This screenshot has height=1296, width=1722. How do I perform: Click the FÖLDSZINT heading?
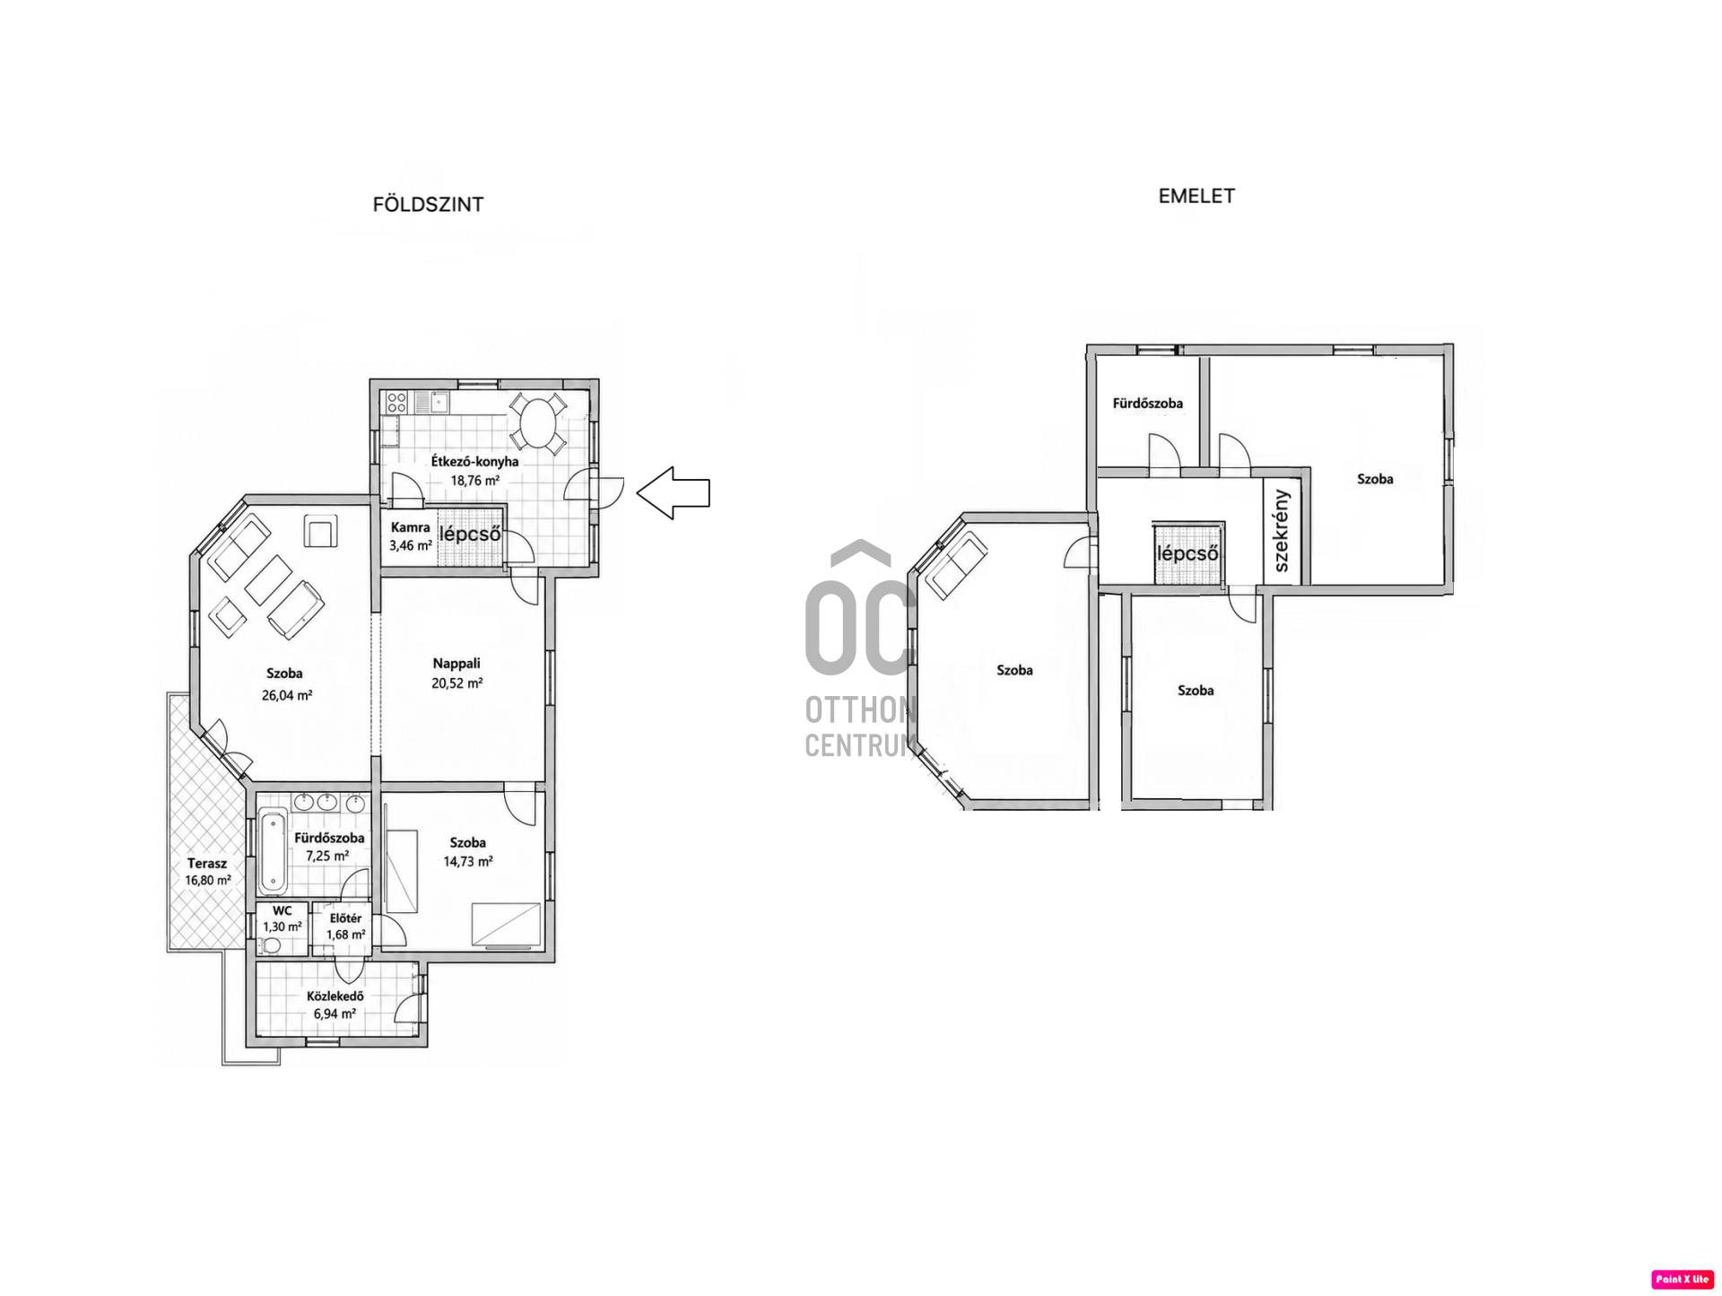[x=428, y=204]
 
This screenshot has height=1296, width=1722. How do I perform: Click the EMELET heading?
[x=1196, y=196]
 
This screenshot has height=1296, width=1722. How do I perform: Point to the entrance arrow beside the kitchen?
[x=674, y=492]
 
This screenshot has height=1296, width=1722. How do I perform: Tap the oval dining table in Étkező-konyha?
[x=538, y=422]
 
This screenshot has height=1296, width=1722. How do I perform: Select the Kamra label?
[x=411, y=527]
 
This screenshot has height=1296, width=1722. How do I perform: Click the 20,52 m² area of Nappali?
[x=457, y=683]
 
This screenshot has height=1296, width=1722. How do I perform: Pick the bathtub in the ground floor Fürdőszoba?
[x=273, y=851]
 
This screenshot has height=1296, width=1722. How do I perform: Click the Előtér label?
[x=345, y=918]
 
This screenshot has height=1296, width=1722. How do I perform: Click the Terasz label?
[x=207, y=864]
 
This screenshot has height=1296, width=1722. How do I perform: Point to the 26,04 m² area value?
[x=287, y=695]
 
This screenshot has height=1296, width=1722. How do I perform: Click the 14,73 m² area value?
[x=468, y=862]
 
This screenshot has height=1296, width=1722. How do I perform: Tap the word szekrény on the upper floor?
[x=1282, y=531]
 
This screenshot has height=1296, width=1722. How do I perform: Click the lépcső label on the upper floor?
[x=1187, y=553]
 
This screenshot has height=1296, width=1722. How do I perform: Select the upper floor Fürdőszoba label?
[x=1148, y=404]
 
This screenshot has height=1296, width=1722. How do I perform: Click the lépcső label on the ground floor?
[x=470, y=535]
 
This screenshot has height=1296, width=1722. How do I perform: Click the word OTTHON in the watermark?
[x=860, y=710]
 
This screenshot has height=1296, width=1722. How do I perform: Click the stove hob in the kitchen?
[x=396, y=402]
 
